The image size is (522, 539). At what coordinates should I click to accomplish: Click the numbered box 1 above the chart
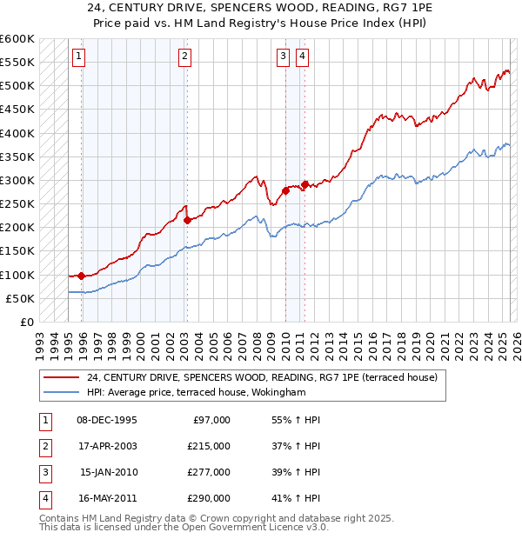click(78, 57)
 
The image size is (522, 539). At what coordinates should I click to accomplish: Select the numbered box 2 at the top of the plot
click(185, 57)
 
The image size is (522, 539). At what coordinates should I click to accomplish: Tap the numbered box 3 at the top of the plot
click(283, 57)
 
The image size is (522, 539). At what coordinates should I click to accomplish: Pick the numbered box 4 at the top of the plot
click(302, 57)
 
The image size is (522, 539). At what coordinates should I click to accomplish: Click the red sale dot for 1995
click(82, 276)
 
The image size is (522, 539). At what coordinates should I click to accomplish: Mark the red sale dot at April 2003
click(187, 220)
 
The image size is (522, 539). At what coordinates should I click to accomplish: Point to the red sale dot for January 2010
click(285, 191)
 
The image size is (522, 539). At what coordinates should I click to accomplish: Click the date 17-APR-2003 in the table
click(107, 446)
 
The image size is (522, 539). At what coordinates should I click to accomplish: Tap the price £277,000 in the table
click(209, 472)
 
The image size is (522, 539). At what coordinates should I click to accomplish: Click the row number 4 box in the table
click(44, 499)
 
